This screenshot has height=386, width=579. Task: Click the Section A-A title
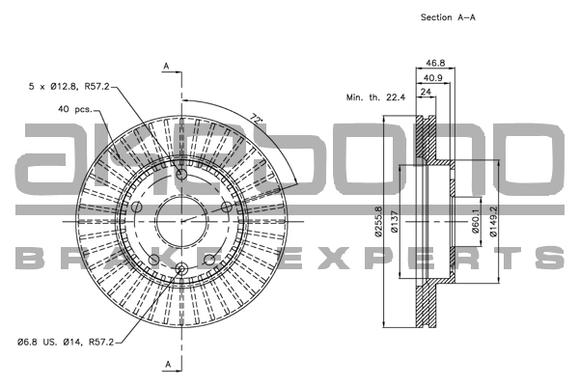click(x=449, y=17)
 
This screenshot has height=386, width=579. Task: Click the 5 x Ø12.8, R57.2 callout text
click(x=70, y=87)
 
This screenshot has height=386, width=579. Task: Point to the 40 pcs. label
click(x=74, y=109)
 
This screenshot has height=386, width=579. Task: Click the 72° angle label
click(x=257, y=120)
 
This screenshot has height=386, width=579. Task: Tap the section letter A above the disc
click(x=167, y=66)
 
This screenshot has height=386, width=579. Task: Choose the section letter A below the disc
click(x=167, y=364)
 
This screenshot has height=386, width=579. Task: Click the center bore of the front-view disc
click(x=181, y=221)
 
